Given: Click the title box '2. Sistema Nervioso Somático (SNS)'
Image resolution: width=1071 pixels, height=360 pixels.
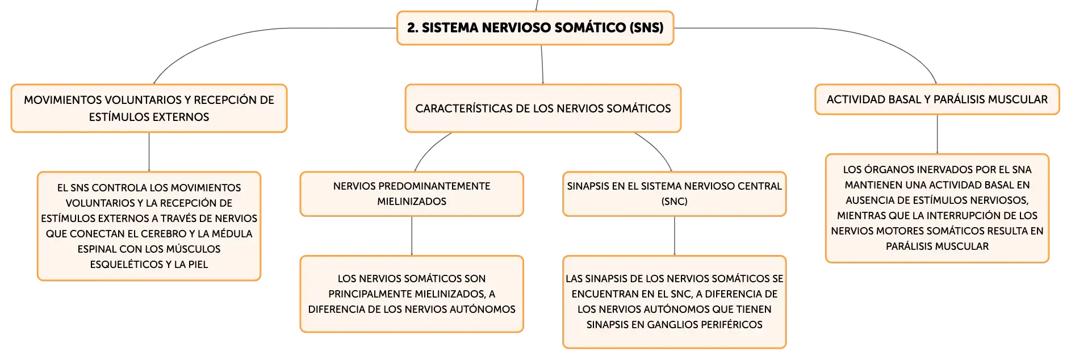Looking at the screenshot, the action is (x=535, y=28).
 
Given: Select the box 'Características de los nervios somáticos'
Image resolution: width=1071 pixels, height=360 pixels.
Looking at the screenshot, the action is (x=543, y=108).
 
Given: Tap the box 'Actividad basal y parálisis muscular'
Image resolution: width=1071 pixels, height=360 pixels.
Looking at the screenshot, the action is (x=937, y=99).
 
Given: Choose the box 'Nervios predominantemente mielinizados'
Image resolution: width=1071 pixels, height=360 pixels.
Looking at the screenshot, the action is (x=412, y=194).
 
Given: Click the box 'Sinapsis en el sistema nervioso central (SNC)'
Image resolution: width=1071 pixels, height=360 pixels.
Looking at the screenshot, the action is (x=675, y=194).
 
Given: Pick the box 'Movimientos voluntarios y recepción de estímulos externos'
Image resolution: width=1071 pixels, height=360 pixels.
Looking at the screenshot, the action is (x=149, y=108).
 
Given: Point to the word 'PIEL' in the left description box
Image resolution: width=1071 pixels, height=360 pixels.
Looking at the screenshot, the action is (x=198, y=265).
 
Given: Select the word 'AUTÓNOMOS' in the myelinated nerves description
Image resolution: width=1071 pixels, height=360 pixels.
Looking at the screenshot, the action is (x=489, y=309).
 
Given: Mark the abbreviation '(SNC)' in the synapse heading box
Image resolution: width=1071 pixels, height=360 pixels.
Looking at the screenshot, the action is (x=675, y=202).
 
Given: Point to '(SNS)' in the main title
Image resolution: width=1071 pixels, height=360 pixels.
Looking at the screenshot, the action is (x=647, y=28).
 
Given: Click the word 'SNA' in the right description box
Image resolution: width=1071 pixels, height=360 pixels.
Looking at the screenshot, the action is (x=1022, y=170).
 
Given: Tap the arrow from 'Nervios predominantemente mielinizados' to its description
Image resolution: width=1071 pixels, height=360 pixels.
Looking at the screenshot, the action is (x=412, y=236).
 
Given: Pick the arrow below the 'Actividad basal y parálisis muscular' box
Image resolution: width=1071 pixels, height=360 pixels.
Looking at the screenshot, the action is (x=937, y=135).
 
